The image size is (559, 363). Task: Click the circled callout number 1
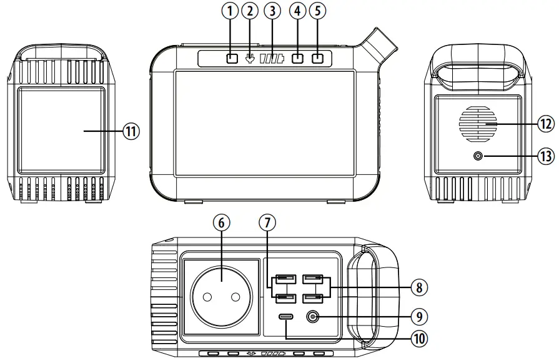tap(231, 11)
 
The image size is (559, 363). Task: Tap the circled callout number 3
tap(271, 11)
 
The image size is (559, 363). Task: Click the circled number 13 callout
tap(547, 156)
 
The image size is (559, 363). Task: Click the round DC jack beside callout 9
tap(313, 317)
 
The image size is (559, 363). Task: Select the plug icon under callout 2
tap(250, 59)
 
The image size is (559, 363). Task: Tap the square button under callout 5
tap(318, 59)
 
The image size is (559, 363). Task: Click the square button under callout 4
tap(298, 59)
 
